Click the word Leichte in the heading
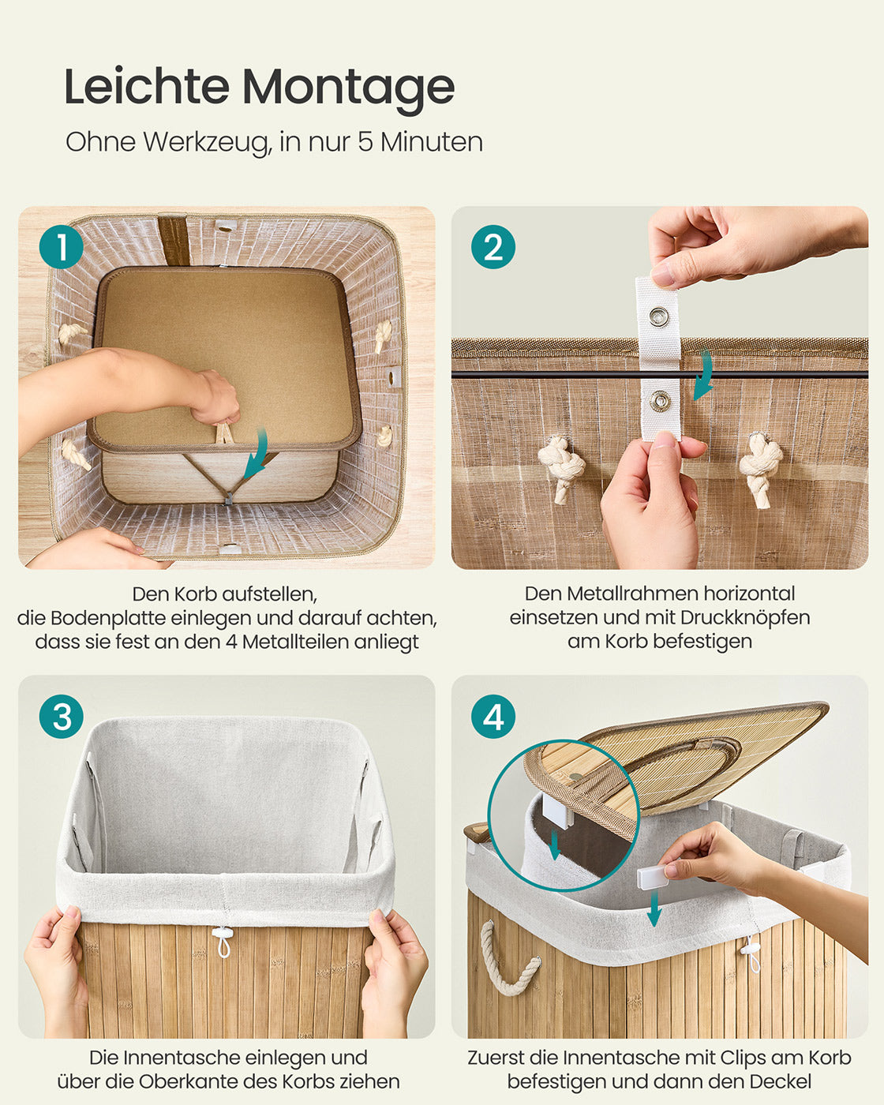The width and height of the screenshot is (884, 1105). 147,85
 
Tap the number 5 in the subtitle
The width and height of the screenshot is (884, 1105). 365,142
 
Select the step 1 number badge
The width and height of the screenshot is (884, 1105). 61,247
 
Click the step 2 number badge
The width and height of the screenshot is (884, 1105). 493,247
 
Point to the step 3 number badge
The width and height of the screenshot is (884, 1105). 61,717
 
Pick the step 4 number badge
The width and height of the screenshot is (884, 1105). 493,717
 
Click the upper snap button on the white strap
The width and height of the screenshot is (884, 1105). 658,315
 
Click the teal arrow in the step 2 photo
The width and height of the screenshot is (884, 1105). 705,376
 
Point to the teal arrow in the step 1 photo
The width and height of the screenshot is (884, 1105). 257,454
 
